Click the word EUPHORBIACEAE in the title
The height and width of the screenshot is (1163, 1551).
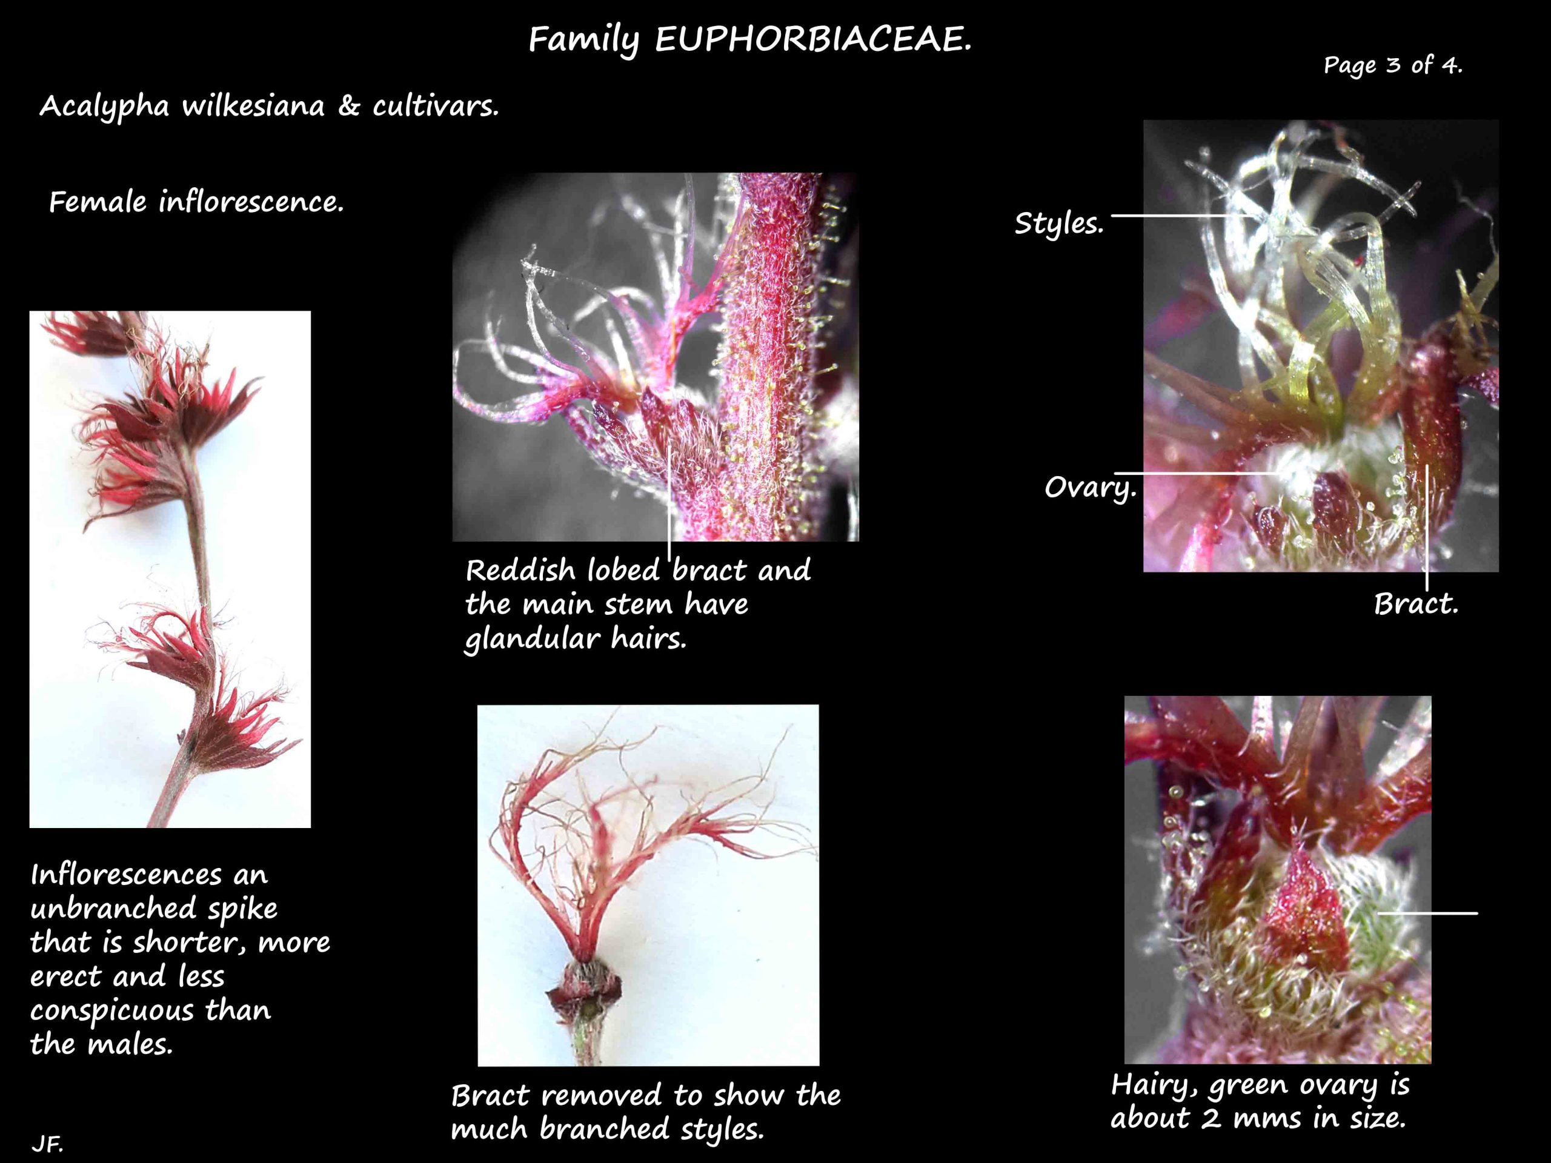tap(813, 40)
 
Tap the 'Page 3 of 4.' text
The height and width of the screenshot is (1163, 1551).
tap(1392, 65)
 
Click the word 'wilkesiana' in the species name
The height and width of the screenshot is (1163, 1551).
tap(253, 107)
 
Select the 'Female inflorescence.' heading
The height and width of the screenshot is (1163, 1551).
tap(196, 202)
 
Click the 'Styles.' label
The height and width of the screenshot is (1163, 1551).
tap(1059, 224)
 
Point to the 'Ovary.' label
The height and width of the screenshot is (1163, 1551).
tap(1089, 486)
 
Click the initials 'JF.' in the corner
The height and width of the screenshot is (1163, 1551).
tap(48, 1144)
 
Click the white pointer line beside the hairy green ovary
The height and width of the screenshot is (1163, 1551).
tap(1427, 913)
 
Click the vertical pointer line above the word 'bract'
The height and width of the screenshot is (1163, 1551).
tap(669, 503)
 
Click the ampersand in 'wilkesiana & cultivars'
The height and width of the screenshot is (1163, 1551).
tap(348, 106)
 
